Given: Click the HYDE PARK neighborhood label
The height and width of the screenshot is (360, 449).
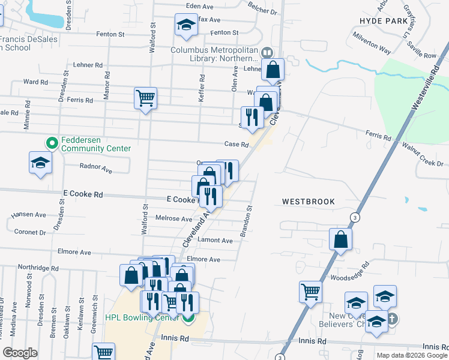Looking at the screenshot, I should coord(383,20).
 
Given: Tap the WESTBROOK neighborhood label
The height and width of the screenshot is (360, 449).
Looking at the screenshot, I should coord(309,202).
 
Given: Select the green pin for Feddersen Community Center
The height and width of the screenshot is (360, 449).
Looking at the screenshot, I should coord(52,143).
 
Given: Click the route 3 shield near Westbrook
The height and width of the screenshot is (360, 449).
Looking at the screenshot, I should coord(356,217).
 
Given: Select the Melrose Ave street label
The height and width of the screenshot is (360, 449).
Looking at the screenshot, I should coord(174,219).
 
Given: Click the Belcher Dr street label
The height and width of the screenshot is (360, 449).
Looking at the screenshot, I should coord(263,10).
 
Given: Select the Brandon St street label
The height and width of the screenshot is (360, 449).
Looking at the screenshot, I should coord(246,221).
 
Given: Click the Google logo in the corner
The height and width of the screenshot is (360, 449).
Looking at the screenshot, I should coord(20,353).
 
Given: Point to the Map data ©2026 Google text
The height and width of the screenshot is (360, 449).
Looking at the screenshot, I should coord(411,355).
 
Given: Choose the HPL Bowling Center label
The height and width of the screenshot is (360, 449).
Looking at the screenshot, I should coord(143,317).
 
